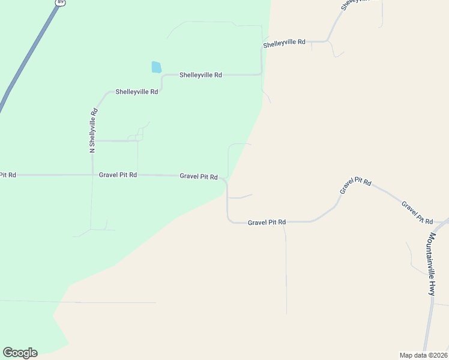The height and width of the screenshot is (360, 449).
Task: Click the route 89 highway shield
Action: click(60, 2)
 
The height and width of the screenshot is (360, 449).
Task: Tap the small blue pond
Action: click(157, 67)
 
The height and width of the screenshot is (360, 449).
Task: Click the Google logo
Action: click(20, 353)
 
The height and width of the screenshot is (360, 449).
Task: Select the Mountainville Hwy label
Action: click(431, 264)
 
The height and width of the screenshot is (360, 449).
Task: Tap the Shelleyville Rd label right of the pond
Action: click(200, 75)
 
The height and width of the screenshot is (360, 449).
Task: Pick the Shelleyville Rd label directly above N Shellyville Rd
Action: click(137, 92)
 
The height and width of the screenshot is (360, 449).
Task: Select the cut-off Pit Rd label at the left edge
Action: click(7, 175)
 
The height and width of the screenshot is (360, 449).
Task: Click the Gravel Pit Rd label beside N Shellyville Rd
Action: click(118, 175)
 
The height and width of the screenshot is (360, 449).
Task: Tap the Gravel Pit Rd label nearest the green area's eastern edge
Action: click(199, 176)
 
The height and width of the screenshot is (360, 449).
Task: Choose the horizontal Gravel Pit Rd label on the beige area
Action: click(267, 222)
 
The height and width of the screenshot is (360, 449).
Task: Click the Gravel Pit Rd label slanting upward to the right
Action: click(356, 186)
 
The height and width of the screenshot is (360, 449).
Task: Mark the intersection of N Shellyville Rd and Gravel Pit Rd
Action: click(92, 175)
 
